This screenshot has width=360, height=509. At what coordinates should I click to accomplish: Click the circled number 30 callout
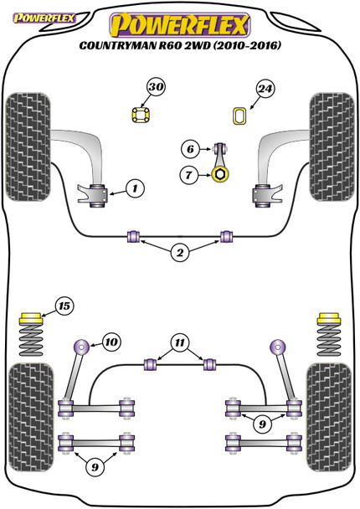(x=157, y=87)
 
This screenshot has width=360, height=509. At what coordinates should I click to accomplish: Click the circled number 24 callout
(x=265, y=89)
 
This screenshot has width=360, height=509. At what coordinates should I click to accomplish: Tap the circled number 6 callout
(x=190, y=149)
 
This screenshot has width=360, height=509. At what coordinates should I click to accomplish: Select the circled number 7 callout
(x=188, y=175)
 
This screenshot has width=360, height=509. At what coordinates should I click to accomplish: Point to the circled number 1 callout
(x=135, y=188)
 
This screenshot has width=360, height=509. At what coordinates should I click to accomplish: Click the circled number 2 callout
(x=180, y=253)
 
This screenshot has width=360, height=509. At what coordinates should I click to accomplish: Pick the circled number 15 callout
(x=64, y=306)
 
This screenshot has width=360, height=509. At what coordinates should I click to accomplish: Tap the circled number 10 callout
(x=111, y=342)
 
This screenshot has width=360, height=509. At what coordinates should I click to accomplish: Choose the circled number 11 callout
(x=180, y=342)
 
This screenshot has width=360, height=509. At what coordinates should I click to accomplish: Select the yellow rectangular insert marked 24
(x=240, y=116)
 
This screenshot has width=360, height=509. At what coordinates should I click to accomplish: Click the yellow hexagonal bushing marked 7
(x=220, y=175)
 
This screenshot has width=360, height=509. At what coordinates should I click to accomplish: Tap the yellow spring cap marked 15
(x=31, y=318)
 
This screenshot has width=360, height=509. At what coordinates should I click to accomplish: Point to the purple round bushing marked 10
(x=81, y=347)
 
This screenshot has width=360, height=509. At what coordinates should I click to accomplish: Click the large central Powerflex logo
(x=180, y=24)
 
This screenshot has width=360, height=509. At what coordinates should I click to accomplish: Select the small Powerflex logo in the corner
(x=44, y=18)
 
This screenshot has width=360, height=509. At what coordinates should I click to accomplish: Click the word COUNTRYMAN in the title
(x=117, y=45)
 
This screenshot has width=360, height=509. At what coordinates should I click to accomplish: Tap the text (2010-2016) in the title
(x=247, y=45)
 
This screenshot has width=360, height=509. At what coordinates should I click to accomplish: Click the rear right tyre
(x=328, y=417)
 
